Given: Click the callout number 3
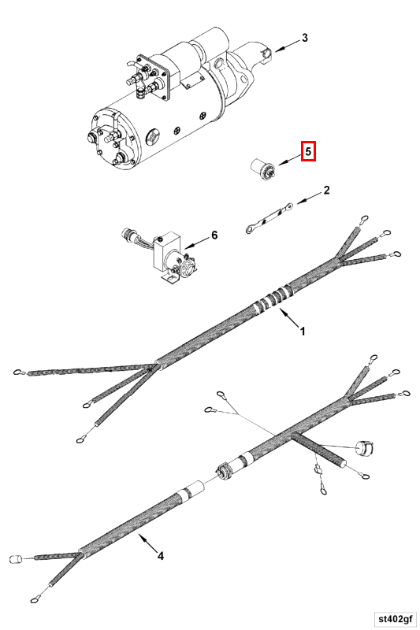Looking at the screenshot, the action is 305,38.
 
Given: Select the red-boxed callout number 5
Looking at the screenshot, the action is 309,151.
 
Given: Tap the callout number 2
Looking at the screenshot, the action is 326,190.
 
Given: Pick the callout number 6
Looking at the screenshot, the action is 214,235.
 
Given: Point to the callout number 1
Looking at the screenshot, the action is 303,332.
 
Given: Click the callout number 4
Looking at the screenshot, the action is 161,556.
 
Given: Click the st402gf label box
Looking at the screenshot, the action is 395,618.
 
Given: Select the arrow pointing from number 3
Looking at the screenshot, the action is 288,46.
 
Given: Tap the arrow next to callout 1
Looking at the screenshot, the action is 289,318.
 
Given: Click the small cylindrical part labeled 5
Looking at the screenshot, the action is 262,169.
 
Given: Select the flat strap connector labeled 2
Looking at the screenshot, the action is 269,218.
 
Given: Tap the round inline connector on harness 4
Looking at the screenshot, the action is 223,470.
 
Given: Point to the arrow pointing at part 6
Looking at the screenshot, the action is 196,242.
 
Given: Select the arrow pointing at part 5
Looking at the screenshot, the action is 290,159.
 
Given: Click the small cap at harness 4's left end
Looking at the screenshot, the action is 15,558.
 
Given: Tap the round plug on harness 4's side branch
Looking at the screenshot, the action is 365,448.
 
